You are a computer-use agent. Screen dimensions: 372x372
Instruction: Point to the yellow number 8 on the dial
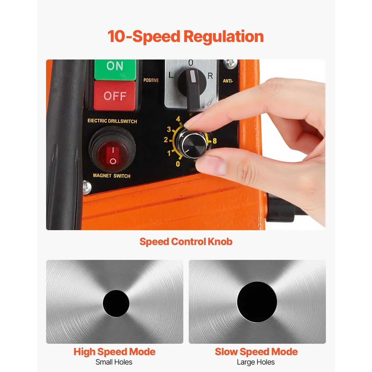click(214, 141)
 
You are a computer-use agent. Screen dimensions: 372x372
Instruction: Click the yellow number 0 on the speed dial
click(178, 164)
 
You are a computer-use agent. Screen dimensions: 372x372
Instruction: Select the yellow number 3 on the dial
click(169, 129)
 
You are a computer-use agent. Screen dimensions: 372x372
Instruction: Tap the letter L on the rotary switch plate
click(171, 75)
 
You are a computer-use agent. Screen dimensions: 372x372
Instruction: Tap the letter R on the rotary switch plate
click(210, 76)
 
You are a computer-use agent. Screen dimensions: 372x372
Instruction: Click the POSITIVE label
click(151, 80)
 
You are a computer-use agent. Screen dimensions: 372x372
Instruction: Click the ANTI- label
click(228, 81)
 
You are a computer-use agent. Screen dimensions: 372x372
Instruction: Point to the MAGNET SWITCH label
click(111, 176)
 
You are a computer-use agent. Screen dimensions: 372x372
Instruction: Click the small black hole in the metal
click(116, 303)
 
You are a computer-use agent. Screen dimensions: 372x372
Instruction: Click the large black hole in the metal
click(257, 302)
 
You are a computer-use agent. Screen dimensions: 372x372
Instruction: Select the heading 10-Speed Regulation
click(186, 37)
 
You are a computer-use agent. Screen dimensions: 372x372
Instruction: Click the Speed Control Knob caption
click(186, 242)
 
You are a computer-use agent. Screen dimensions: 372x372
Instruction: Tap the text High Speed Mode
click(114, 352)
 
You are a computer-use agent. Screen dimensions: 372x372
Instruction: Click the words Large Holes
click(256, 362)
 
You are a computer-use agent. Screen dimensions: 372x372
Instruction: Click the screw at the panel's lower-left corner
click(87, 187)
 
